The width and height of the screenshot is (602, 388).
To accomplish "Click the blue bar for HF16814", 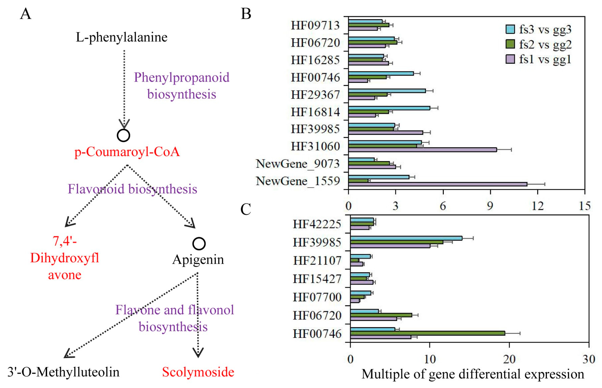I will [389, 108].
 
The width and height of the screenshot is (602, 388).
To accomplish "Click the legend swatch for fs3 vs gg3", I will [510, 29].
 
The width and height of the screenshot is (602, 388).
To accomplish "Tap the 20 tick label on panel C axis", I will [509, 359].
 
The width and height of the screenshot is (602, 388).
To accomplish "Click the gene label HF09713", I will [315, 25].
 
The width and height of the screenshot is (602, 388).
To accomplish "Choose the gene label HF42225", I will [317, 224].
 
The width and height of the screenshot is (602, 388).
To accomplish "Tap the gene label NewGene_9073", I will [298, 164].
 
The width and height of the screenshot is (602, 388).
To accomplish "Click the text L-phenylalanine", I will [122, 37].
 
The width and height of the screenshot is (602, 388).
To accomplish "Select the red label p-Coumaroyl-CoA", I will [127, 152].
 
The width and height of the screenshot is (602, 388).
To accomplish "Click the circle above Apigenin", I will [199, 244].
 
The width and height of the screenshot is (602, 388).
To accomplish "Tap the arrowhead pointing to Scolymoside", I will [198, 353].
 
